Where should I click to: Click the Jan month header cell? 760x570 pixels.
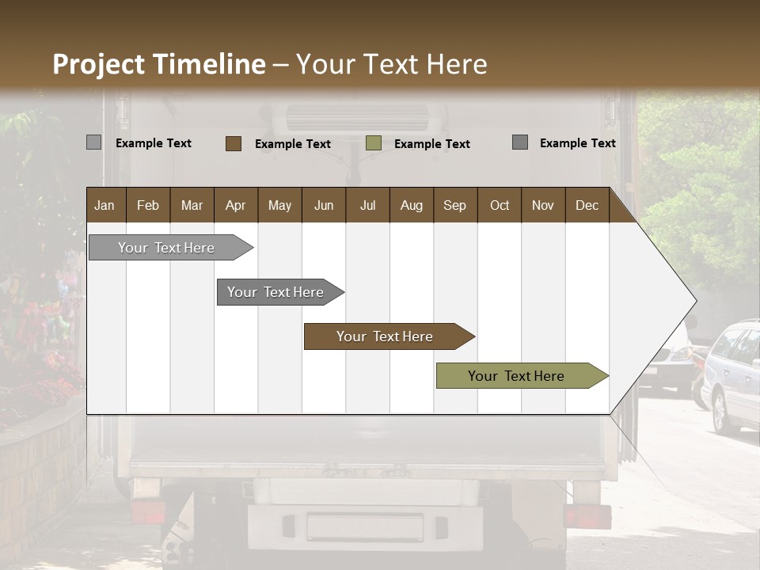[x=105, y=205]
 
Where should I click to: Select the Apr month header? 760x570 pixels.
[x=236, y=205]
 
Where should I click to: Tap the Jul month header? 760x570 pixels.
[x=367, y=205]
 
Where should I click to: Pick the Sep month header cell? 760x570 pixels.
[x=455, y=205]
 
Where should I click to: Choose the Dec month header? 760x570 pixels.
[x=587, y=205]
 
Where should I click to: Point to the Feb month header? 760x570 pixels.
[x=148, y=205]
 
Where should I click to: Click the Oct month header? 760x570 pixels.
[x=500, y=205]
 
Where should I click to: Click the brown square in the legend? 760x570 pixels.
[x=234, y=143]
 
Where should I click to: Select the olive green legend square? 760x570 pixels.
[x=374, y=143]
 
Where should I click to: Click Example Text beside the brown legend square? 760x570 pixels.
[x=293, y=144]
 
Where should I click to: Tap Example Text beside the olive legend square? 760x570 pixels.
[x=432, y=144]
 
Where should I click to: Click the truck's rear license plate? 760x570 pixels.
[x=365, y=526]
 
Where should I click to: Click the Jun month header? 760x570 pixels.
[x=324, y=205]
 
